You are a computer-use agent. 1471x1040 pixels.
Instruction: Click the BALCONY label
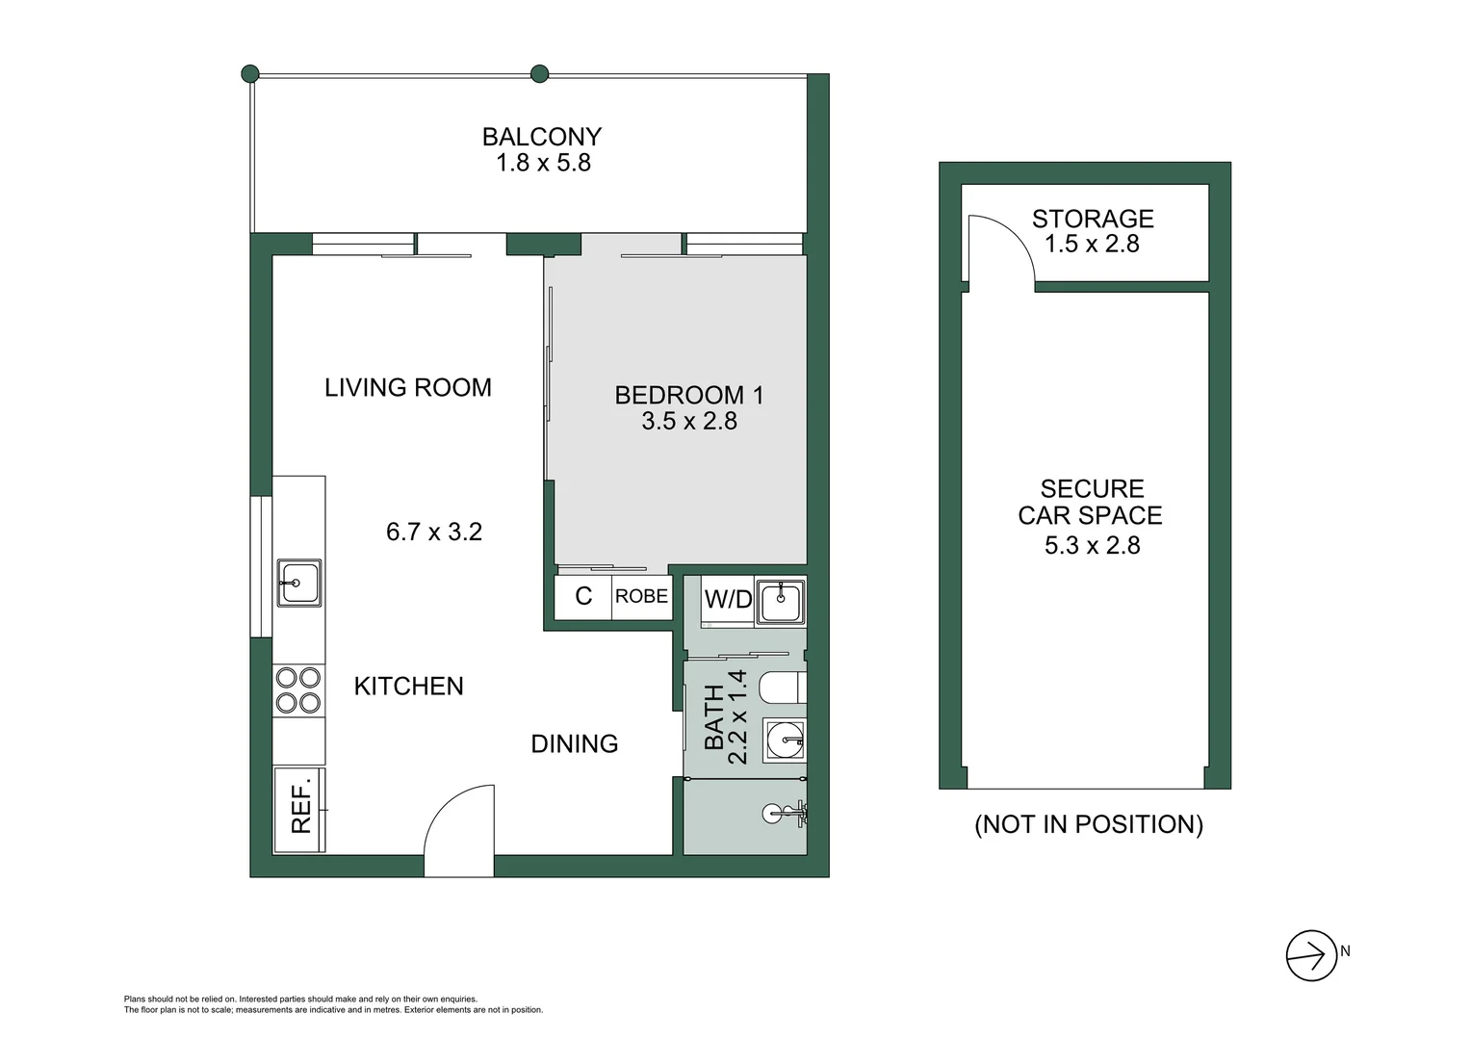541,137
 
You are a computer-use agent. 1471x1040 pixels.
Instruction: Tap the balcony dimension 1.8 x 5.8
543,163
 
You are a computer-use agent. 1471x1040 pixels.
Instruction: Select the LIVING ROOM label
407,387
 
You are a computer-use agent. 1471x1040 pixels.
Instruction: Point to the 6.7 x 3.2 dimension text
433,532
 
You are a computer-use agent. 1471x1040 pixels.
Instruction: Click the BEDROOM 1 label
688,395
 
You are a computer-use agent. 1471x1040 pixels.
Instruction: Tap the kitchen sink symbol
299,583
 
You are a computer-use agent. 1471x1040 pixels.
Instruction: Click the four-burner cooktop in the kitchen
298,689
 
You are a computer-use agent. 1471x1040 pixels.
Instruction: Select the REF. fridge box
299,810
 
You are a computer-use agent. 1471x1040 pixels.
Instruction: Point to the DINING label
575,743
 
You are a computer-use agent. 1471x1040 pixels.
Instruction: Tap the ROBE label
641,596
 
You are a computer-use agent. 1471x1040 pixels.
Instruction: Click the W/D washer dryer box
728,600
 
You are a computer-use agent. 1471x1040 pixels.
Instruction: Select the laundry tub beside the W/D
780,602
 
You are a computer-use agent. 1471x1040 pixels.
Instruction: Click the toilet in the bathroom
783,689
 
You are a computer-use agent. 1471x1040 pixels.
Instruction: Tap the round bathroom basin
785,741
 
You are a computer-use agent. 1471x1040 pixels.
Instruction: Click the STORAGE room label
1093,219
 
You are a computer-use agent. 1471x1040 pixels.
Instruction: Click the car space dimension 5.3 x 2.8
1092,545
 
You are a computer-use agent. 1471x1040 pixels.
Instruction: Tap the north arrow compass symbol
1310,955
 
